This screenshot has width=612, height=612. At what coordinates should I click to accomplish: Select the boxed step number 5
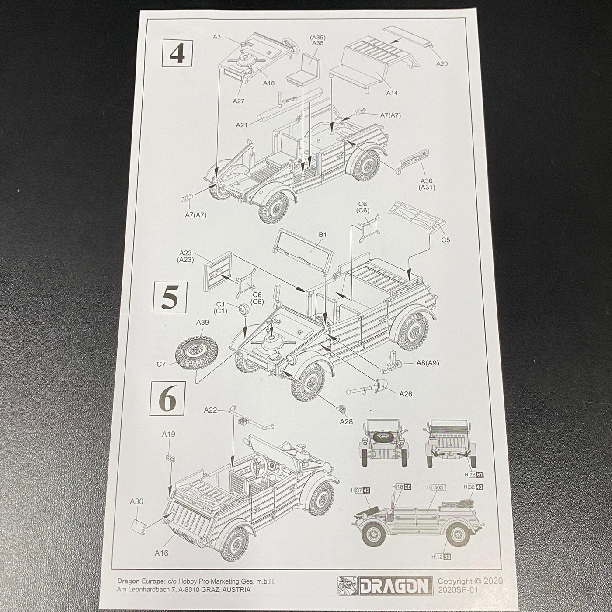tap(169, 298)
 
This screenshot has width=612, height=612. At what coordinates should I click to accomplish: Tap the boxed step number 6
tap(167, 398)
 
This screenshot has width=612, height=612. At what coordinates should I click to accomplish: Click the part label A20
tap(442, 63)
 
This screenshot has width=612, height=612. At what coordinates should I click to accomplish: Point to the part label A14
tap(392, 93)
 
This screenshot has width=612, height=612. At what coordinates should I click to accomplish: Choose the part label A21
tap(241, 125)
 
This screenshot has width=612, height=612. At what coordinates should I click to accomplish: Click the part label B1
tap(323, 234)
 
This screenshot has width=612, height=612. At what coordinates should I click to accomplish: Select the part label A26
tap(406, 394)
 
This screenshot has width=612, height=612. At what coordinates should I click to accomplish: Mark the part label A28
tap(346, 421)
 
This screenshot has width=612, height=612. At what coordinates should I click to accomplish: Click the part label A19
tap(168, 434)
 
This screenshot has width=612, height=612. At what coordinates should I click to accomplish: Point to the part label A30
tap(136, 501)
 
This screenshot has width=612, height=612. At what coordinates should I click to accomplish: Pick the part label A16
tap(161, 553)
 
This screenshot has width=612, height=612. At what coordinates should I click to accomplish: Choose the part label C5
tap(445, 240)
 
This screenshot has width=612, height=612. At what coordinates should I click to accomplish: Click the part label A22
tap(210, 410)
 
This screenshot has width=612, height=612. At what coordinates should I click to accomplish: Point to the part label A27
tap(239, 101)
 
